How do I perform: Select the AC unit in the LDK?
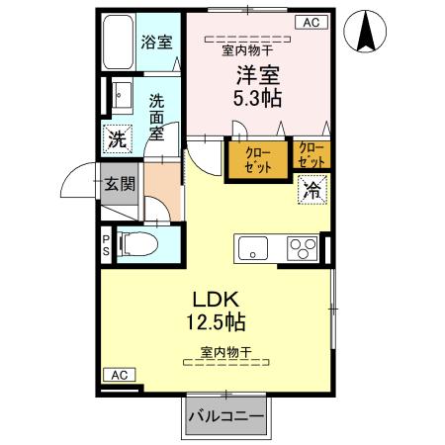pyautogui.click(x=119, y=375)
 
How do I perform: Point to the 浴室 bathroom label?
pyautogui.click(x=156, y=42)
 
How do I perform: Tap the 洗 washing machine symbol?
pyautogui.click(x=117, y=139)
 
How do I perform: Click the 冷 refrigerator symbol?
pyautogui.click(x=312, y=187)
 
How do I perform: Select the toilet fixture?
pyautogui.click(x=138, y=243)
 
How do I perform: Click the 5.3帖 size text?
pyautogui.click(x=256, y=97)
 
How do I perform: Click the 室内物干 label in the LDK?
pyautogui.click(x=225, y=352)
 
